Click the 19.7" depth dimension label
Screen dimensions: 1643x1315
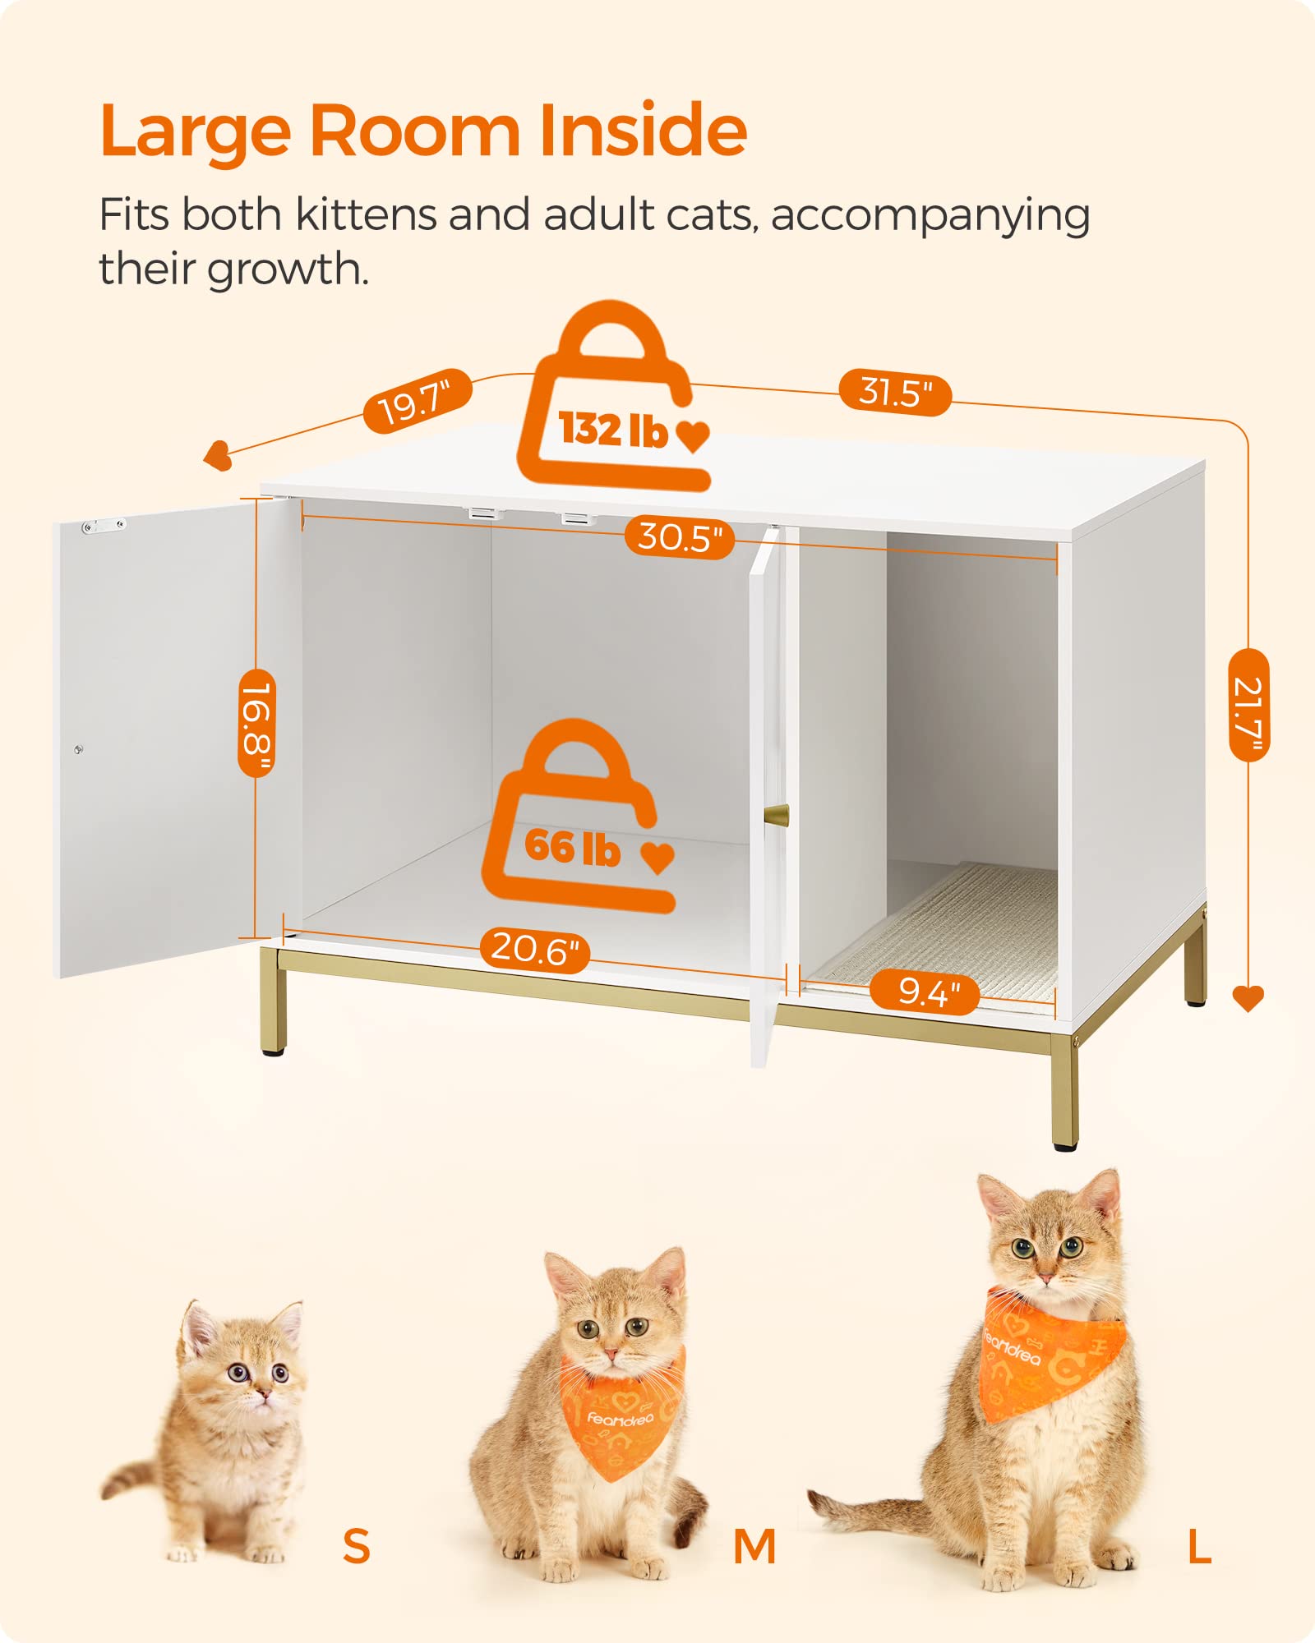[x=418, y=401]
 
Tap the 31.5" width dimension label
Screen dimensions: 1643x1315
[x=895, y=393]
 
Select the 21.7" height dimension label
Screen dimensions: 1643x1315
[x=1248, y=705]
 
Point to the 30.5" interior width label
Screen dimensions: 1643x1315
[x=680, y=537]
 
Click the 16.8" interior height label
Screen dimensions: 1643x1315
[x=256, y=723]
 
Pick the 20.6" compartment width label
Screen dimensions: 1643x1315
[x=535, y=949]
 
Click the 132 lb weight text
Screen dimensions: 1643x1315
[x=613, y=429]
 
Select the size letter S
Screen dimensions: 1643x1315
[x=356, y=1546]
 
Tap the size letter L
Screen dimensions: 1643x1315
[x=1199, y=1548]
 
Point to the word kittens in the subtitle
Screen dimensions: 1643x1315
[x=369, y=215]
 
